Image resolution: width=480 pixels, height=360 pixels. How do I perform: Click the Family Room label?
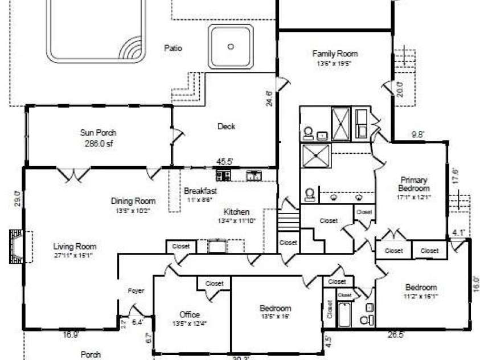[335, 54]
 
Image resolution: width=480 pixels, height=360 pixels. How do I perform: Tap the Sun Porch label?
[98, 133]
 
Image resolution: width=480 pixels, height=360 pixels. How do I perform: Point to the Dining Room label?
[133, 201]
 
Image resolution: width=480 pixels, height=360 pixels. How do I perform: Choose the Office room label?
[189, 314]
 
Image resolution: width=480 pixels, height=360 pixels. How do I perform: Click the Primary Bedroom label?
[414, 184]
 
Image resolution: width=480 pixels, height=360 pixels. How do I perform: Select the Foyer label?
[136, 291]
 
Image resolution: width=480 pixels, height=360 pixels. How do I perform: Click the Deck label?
[226, 126]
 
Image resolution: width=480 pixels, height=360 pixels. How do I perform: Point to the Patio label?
[173, 48]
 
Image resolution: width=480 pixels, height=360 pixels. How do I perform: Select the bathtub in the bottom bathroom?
[344, 315]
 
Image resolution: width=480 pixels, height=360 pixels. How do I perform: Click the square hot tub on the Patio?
[231, 47]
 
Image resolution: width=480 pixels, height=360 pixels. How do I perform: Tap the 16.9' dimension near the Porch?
[71, 335]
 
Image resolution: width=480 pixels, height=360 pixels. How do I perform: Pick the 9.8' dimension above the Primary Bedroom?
[419, 136]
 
